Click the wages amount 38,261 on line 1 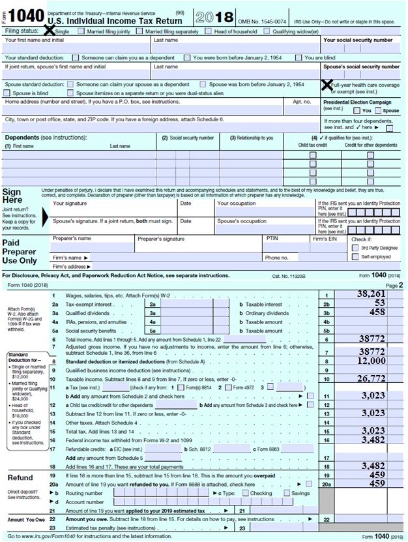[x=372, y=295]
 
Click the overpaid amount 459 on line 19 [x=375, y=475]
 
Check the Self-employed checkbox [x=346, y=257]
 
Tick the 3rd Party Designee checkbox [x=346, y=248]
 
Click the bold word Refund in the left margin [x=21, y=477]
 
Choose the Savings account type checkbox [x=286, y=493]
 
